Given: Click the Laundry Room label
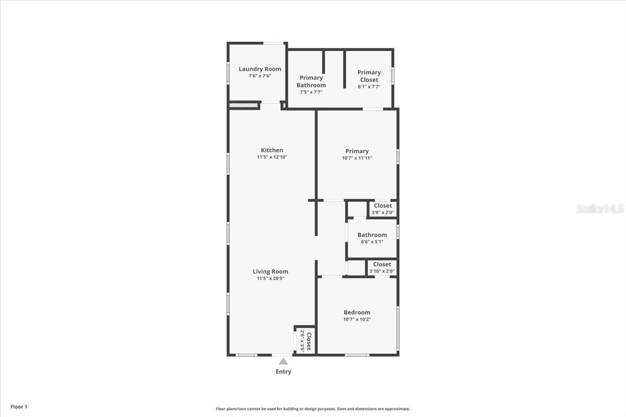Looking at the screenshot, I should tap(260, 69).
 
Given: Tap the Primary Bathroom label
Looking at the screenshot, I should tap(311, 81).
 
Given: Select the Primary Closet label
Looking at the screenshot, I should tap(369, 76).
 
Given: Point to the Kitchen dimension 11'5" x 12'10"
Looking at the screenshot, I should tap(272, 157).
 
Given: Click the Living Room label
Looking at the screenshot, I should tap(270, 271).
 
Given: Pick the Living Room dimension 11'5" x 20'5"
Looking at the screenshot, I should tap(270, 278).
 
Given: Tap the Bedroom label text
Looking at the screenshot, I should tap(357, 312).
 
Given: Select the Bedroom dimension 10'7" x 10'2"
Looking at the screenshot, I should tap(357, 320).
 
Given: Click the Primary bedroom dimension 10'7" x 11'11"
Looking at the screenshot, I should tap(357, 158).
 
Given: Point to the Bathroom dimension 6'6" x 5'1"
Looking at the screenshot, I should tap(372, 241).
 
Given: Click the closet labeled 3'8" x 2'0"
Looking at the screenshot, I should tap(383, 209).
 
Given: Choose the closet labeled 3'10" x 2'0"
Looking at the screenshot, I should tap(382, 267).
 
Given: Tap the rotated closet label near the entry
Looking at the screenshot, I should tap(305, 341).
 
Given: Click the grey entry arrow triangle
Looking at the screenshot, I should tap(283, 361).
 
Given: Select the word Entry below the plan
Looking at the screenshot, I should tap(283, 372).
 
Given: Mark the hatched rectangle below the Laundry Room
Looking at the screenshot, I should tap(244, 105).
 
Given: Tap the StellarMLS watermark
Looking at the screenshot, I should tap(599, 208).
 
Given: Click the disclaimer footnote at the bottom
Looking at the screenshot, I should tap(313, 409).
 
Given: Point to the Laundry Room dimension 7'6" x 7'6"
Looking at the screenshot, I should tap(260, 76).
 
